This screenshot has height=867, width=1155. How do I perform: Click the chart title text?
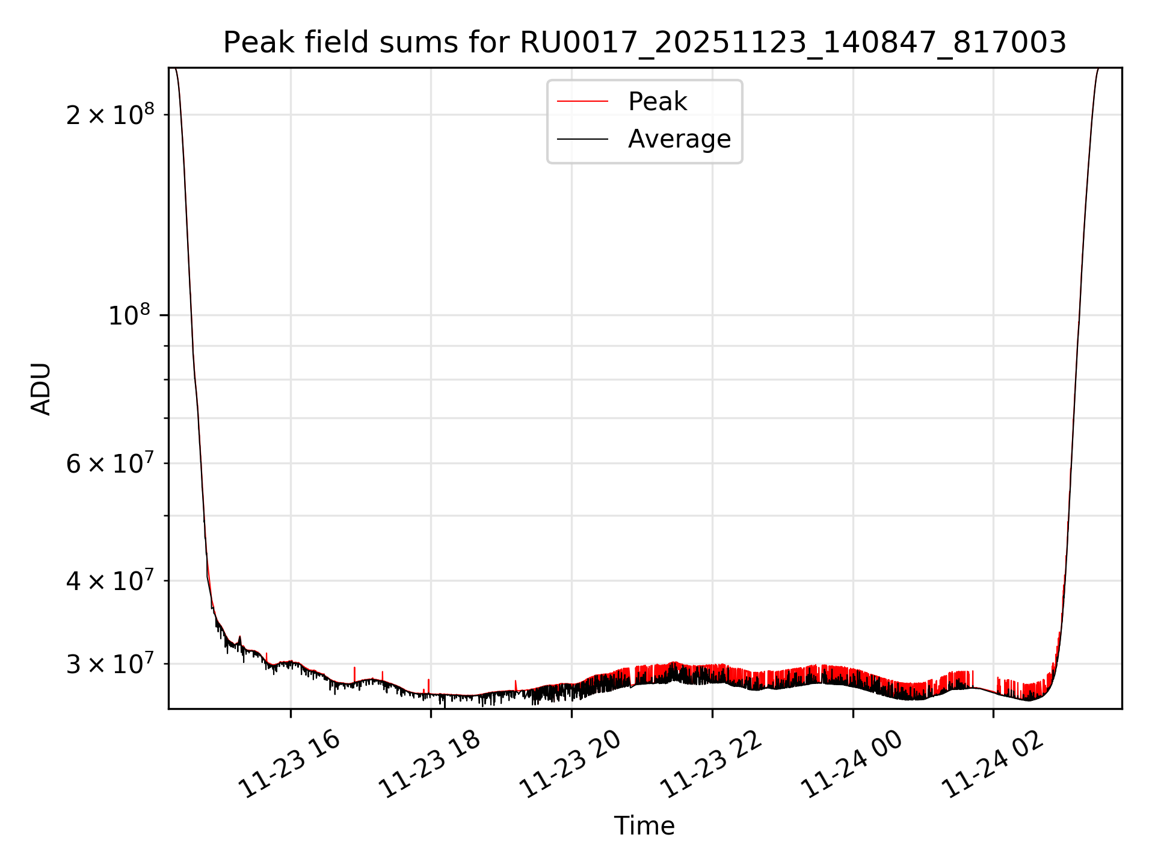(644, 43)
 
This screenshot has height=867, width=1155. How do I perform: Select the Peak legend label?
(657, 102)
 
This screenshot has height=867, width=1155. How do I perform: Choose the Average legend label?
(679, 139)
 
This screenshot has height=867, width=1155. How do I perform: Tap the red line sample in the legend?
(582, 102)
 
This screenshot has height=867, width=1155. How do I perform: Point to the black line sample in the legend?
(582, 139)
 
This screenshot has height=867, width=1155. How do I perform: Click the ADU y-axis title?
(41, 388)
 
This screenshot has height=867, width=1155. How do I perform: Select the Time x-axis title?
(644, 825)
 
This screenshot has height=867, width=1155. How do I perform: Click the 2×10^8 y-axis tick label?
(109, 114)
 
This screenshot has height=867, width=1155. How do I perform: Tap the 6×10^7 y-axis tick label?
(109, 463)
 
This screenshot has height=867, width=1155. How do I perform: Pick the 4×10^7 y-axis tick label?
(109, 580)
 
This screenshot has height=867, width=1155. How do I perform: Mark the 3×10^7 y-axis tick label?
(109, 663)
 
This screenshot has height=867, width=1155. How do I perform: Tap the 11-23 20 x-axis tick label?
(571, 764)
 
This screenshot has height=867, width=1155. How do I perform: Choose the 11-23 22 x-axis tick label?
(712, 764)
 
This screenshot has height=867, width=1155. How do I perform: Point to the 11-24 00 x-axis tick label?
(852, 764)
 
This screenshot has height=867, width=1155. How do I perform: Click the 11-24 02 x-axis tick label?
(993, 764)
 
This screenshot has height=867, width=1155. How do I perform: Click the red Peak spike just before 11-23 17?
(354, 671)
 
